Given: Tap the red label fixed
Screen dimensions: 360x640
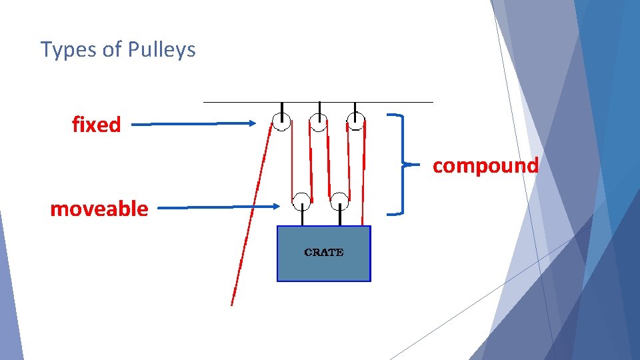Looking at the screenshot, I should pyautogui.click(x=97, y=125).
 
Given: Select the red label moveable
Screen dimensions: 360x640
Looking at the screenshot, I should pyautogui.click(x=99, y=209).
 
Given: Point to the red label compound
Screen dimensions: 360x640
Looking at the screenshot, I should pyautogui.click(x=485, y=165).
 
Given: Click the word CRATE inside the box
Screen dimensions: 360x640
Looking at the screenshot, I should pyautogui.click(x=323, y=253).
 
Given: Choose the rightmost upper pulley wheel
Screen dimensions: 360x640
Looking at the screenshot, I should pyautogui.click(x=356, y=121).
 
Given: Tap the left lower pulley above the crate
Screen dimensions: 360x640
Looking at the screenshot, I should pyautogui.click(x=301, y=200).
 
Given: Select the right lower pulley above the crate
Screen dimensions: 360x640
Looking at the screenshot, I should pyautogui.click(x=339, y=200).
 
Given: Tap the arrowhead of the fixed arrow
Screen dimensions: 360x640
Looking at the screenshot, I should pyautogui.click(x=252, y=123).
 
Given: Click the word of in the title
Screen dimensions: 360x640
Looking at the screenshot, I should pyautogui.click(x=111, y=49).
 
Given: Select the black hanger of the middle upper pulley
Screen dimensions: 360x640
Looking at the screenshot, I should pyautogui.click(x=319, y=109).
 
